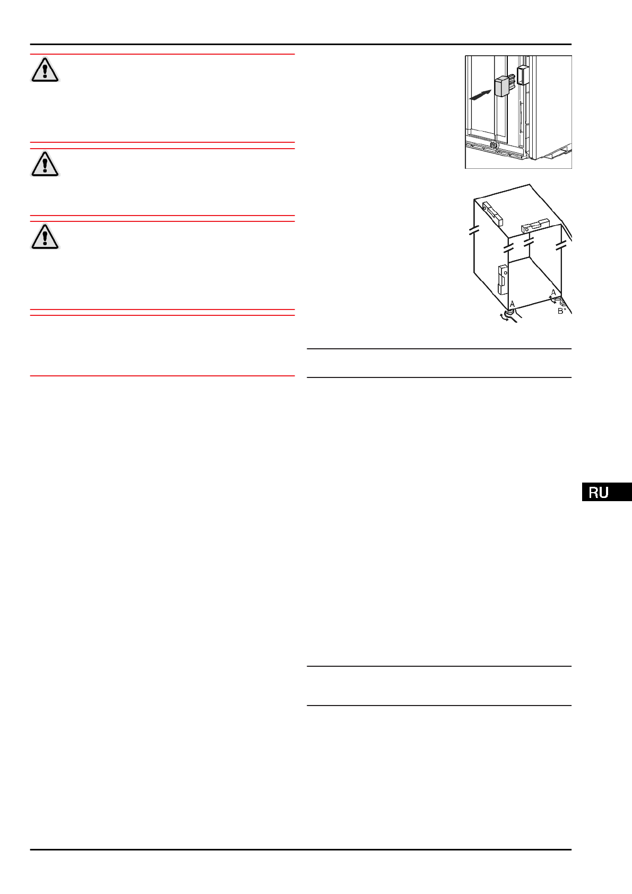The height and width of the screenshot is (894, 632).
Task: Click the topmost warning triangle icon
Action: point(45,70)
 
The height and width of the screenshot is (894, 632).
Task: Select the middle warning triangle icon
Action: point(45,164)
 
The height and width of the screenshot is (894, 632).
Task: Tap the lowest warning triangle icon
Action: point(45,237)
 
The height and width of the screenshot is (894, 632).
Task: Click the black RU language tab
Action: point(607,492)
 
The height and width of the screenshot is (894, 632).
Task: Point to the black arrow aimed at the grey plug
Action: point(481,95)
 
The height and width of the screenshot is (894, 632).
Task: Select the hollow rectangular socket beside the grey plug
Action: point(522,74)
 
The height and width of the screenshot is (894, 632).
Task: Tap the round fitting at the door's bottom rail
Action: point(494,144)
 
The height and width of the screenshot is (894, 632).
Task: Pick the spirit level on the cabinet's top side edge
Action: point(492,213)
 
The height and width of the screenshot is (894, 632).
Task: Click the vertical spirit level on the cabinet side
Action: point(501,279)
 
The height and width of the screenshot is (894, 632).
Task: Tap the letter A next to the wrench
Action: point(512,304)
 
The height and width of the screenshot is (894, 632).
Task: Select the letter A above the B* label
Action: point(553,293)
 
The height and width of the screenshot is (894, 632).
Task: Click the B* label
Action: point(561,311)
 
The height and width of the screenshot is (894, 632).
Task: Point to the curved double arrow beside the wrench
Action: point(503,318)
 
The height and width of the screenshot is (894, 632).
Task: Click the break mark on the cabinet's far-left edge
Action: point(474,231)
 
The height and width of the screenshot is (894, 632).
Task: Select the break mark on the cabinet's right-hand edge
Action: point(561,246)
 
